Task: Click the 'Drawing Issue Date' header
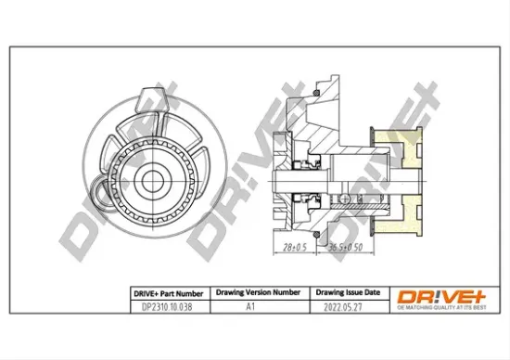coord(345,290)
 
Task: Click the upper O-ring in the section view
coord(316,94)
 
